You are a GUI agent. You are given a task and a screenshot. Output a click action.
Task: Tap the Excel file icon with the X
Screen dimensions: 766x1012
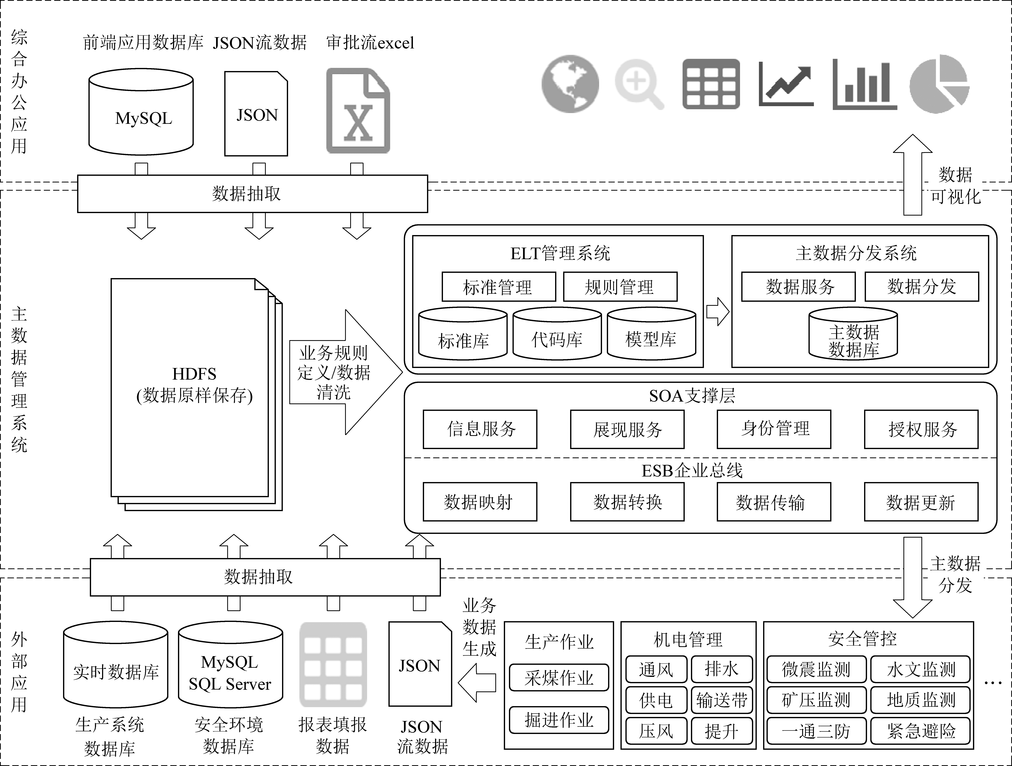pyautogui.click(x=358, y=111)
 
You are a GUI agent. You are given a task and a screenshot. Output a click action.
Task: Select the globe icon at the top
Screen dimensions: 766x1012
pyautogui.click(x=570, y=84)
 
